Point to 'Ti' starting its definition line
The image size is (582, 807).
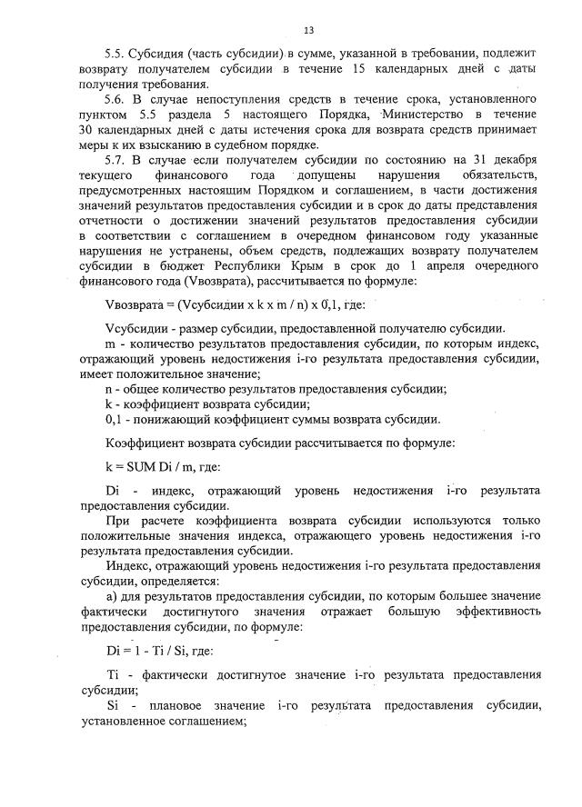113,675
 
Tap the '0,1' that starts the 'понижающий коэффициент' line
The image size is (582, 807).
114,419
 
